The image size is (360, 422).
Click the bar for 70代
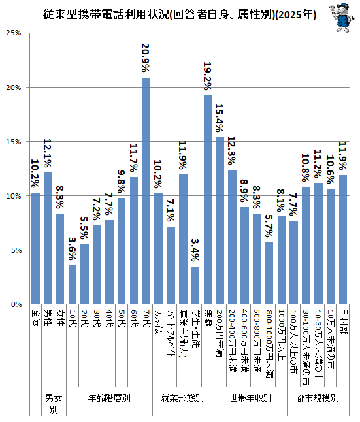coord(146,191)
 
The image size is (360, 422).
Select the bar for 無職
coord(208,200)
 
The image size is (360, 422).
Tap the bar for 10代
coord(73,285)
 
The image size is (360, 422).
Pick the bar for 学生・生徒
coord(195,285)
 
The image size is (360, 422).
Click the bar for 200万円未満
coord(220,221)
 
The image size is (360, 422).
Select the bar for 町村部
coord(343,240)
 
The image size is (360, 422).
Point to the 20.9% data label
coord(146,58)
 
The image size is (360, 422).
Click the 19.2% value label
coord(207,76)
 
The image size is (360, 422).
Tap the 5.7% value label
coord(269,226)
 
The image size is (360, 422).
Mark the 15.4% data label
coord(220,118)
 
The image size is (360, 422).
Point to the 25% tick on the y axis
coord(14,33)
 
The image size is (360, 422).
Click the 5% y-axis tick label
coord(16,250)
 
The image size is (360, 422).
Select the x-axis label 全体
coord(35,317)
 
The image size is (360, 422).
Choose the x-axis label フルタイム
coord(159,322)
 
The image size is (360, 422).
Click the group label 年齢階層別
coord(109,398)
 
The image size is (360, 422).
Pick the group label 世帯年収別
coord(251,398)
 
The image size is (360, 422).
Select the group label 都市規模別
coord(318,398)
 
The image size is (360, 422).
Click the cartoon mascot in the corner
coord(341,18)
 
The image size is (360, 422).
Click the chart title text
coord(180,15)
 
